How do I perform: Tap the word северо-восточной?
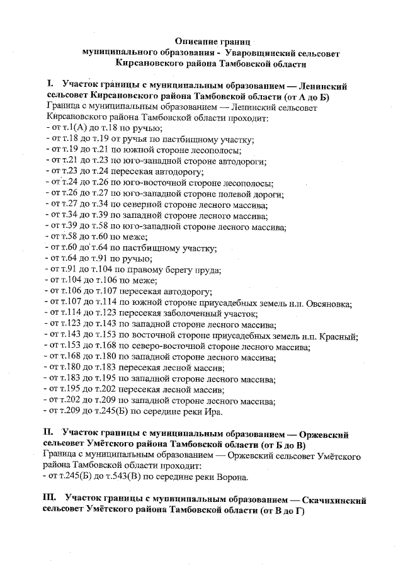click(x=189, y=347)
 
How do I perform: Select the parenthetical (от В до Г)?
click(x=277, y=511)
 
